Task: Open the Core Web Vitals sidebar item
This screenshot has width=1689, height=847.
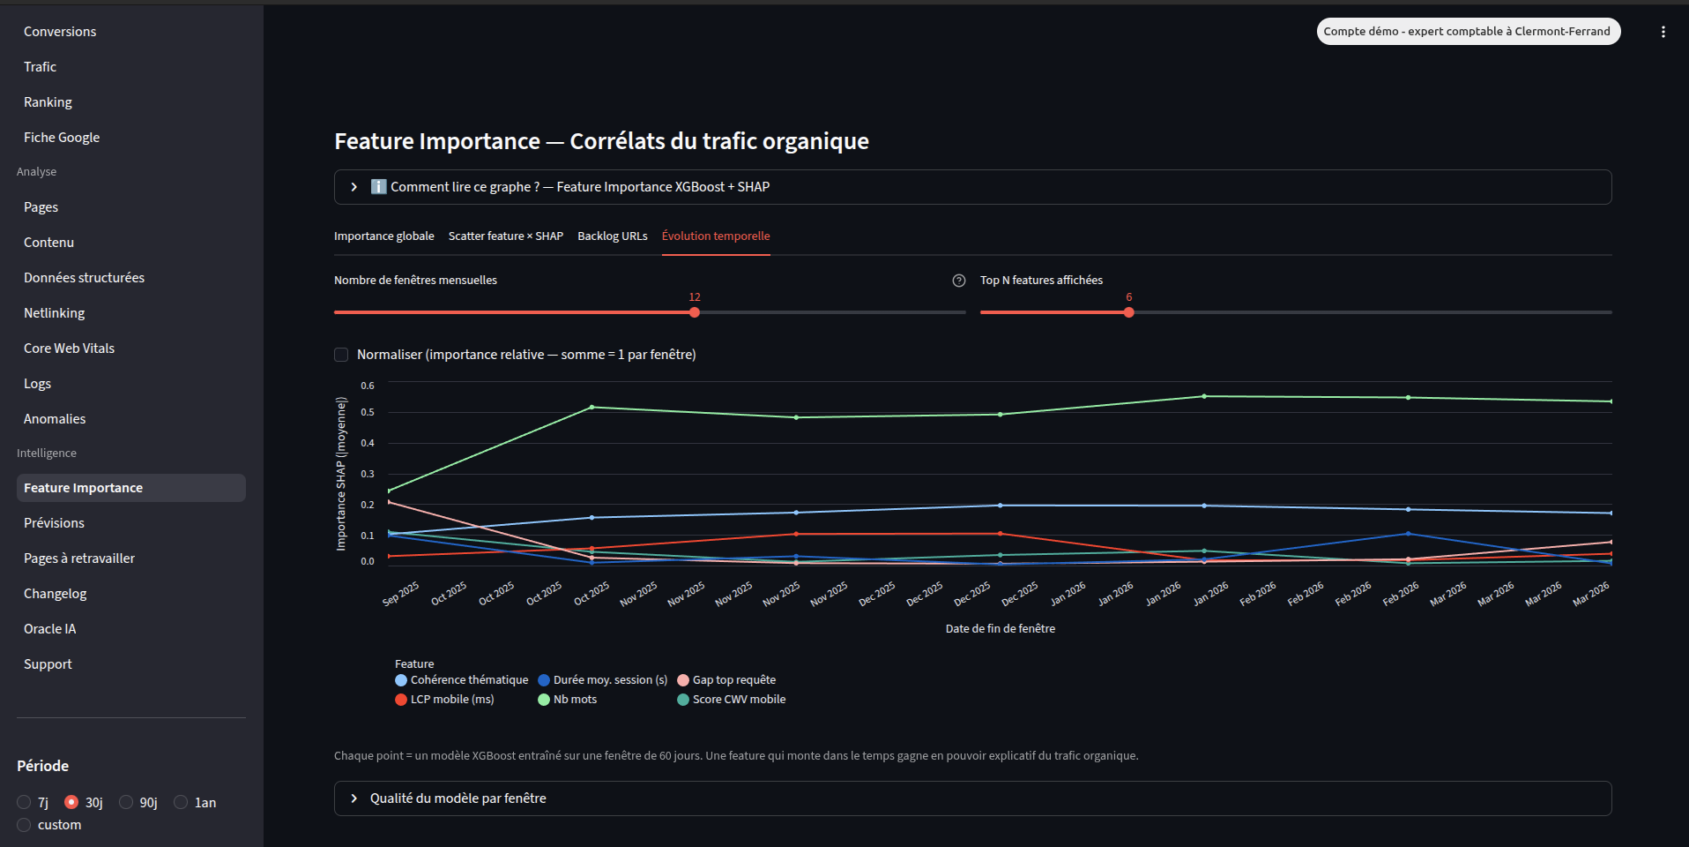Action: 69,349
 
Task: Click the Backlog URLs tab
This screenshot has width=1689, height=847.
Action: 612,236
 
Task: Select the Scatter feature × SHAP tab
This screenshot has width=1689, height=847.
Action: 505,236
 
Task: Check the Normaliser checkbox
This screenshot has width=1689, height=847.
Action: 341,355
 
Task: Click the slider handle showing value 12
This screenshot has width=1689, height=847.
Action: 695,312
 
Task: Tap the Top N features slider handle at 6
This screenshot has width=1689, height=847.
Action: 1128,312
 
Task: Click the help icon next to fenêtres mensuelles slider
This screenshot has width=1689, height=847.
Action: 959,281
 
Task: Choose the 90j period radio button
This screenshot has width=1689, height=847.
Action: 127,802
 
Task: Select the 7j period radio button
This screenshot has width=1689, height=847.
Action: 24,802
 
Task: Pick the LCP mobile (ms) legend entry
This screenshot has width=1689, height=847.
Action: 451,700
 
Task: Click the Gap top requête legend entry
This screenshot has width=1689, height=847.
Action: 733,680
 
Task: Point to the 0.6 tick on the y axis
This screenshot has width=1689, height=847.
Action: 368,386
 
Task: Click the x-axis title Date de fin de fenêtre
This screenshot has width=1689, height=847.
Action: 1000,629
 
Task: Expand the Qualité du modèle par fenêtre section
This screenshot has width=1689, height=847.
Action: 458,798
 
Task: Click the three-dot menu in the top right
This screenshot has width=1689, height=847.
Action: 1663,32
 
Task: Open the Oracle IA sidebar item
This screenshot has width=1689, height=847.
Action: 49,629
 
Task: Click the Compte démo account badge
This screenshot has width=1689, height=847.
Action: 1468,32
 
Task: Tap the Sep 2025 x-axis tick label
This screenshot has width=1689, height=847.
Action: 401,594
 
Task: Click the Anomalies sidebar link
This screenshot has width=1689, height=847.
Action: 55,419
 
